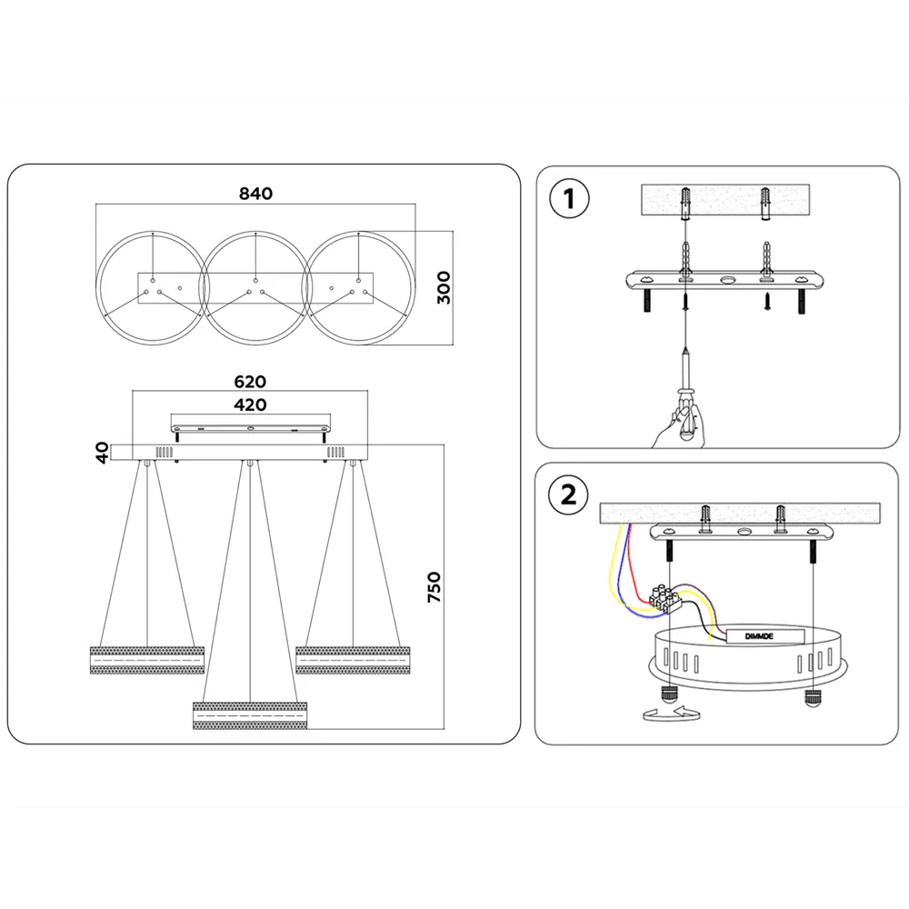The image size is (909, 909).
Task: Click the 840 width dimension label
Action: pyautogui.click(x=255, y=193)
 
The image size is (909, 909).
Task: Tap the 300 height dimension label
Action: pyautogui.click(x=444, y=287)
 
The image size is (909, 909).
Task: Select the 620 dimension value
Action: pyautogui.click(x=250, y=382)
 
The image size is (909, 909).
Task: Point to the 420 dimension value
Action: pyautogui.click(x=250, y=405)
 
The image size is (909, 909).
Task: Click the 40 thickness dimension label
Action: pyautogui.click(x=103, y=452)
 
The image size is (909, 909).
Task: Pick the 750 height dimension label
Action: pyautogui.click(x=434, y=588)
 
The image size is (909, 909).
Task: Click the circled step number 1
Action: pyautogui.click(x=570, y=198)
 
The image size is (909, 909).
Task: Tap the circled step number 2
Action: pyautogui.click(x=569, y=495)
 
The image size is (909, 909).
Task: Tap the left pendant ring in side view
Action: pyautogui.click(x=146, y=659)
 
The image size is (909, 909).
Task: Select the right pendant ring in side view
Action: pyautogui.click(x=353, y=659)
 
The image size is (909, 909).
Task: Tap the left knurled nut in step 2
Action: pyautogui.click(x=669, y=696)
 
